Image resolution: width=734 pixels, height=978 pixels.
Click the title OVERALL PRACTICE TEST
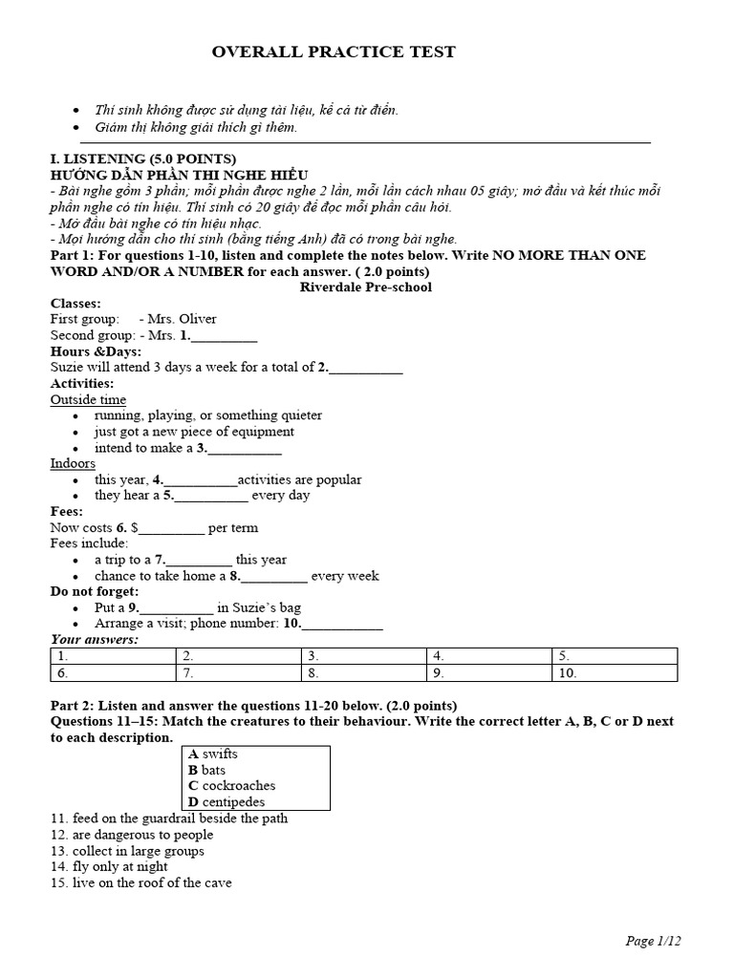(x=334, y=52)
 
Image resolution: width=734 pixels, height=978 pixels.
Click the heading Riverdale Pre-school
(x=365, y=287)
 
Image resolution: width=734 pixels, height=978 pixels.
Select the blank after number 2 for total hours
(x=367, y=368)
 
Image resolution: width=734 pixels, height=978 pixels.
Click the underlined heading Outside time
(x=88, y=399)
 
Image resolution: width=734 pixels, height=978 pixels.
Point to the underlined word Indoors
(x=73, y=463)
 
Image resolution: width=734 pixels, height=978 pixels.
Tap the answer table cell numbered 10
(x=614, y=672)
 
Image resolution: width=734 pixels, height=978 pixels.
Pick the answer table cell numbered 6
(x=113, y=672)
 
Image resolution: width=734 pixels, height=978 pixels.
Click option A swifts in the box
(x=213, y=754)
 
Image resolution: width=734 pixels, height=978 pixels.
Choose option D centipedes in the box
(x=227, y=802)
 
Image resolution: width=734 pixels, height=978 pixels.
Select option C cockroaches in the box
(x=231, y=786)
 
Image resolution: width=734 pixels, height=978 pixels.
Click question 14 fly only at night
(x=109, y=866)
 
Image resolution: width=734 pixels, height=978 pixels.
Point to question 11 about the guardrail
(x=168, y=819)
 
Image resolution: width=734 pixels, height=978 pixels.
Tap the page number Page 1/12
(x=653, y=941)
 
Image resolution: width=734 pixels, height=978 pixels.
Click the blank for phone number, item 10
(x=344, y=624)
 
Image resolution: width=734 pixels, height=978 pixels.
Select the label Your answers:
(x=94, y=639)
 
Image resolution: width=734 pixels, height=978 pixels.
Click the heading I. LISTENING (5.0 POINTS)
(x=142, y=159)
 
